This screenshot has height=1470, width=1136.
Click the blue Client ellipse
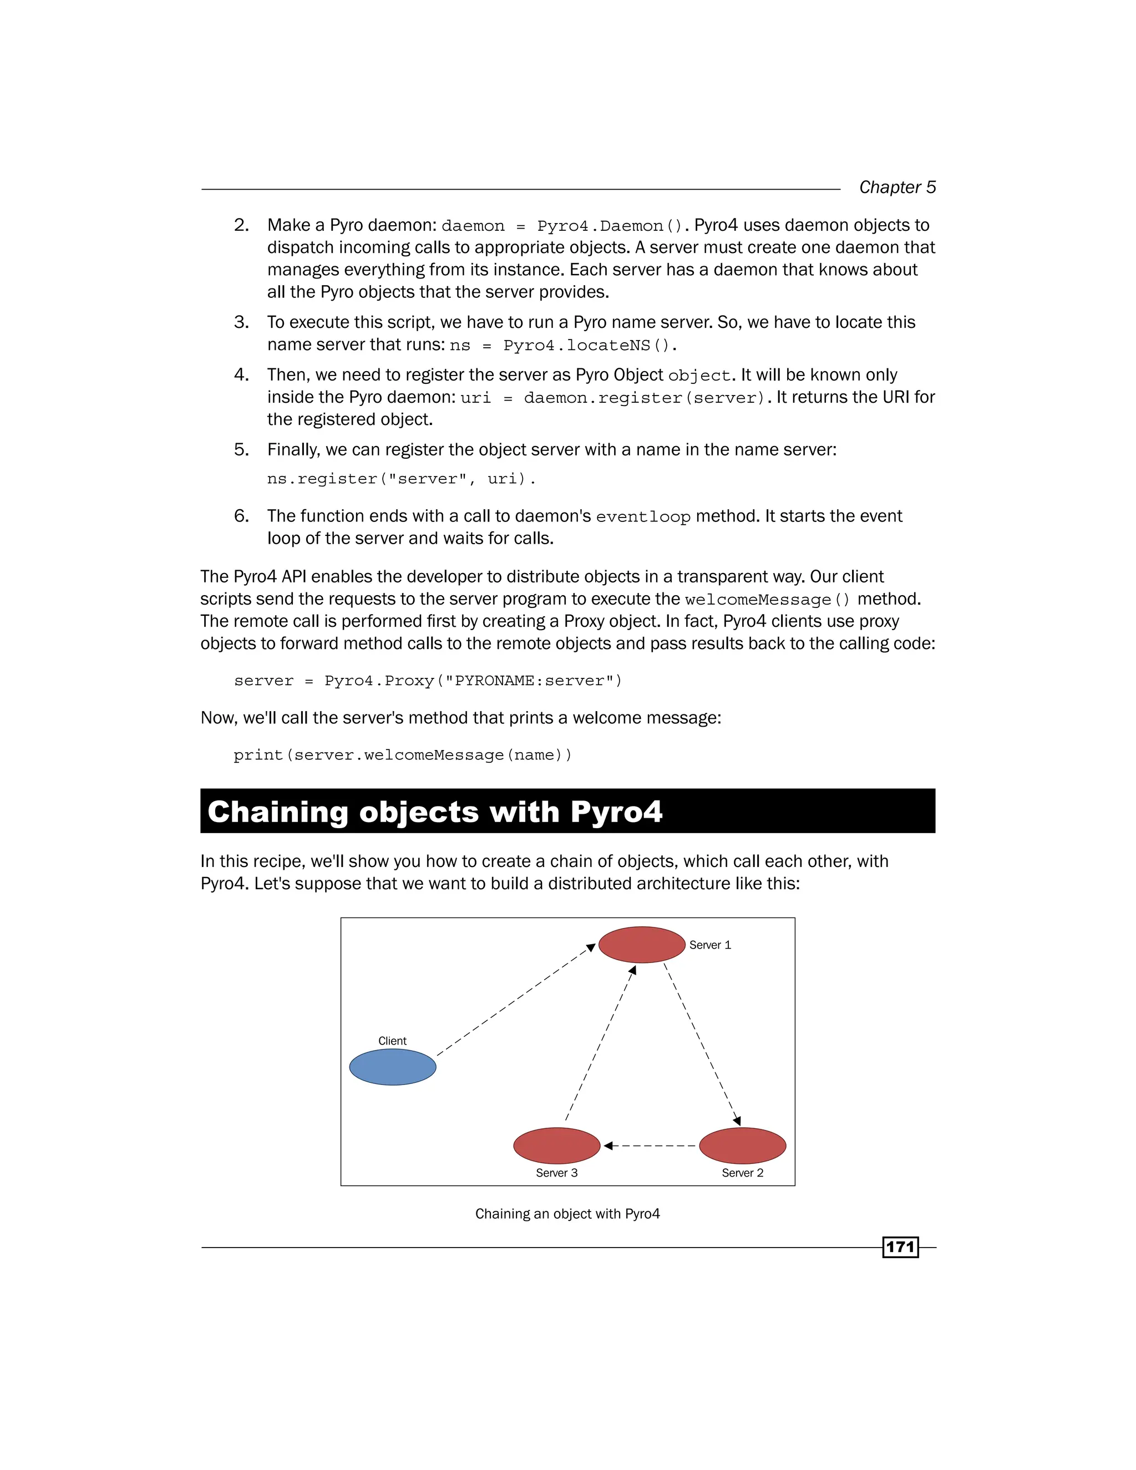pyautogui.click(x=392, y=1067)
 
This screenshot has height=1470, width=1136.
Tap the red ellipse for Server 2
pyautogui.click(x=742, y=1145)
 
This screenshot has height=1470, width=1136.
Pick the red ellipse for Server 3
pyautogui.click(x=556, y=1145)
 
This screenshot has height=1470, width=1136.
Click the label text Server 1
pyautogui.click(x=709, y=945)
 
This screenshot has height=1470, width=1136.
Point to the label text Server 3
pyautogui.click(x=556, y=1173)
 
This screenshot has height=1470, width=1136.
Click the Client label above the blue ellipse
pyautogui.click(x=392, y=1041)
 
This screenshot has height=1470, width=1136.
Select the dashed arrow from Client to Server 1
pyautogui.click(x=515, y=1000)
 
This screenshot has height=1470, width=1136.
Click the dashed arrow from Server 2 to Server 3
pyautogui.click(x=650, y=1145)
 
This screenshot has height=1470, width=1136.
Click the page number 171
pyautogui.click(x=900, y=1247)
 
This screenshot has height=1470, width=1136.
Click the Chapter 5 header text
pyautogui.click(x=897, y=187)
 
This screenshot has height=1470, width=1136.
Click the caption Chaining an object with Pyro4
pyautogui.click(x=567, y=1214)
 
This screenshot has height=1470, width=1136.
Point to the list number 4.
pyautogui.click(x=241, y=375)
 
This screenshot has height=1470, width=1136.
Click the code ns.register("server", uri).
pyautogui.click(x=401, y=479)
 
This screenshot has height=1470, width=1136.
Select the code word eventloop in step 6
pyautogui.click(x=643, y=517)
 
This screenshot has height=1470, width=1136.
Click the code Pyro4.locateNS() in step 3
pyautogui.click(x=590, y=345)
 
